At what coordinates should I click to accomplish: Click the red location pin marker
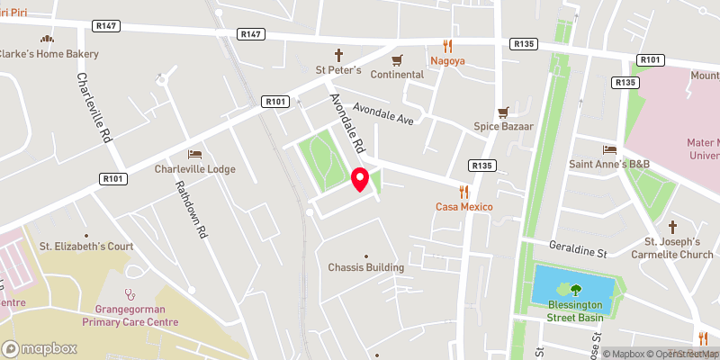tap(360, 179)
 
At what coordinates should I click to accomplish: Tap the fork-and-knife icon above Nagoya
tap(447, 45)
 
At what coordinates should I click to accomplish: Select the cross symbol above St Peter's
tap(339, 55)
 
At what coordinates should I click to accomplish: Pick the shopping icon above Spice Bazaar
tap(505, 112)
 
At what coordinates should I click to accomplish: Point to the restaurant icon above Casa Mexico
tap(464, 192)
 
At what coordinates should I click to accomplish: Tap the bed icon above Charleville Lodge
tap(194, 154)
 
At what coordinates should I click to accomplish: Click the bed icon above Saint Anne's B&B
tap(609, 148)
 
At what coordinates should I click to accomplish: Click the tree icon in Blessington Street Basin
tap(575, 289)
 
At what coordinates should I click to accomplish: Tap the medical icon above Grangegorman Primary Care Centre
tap(130, 292)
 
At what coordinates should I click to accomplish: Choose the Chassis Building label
tap(365, 267)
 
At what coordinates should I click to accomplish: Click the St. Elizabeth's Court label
tap(85, 246)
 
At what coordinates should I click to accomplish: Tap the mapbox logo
tap(39, 348)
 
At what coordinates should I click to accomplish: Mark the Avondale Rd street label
tap(346, 122)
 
